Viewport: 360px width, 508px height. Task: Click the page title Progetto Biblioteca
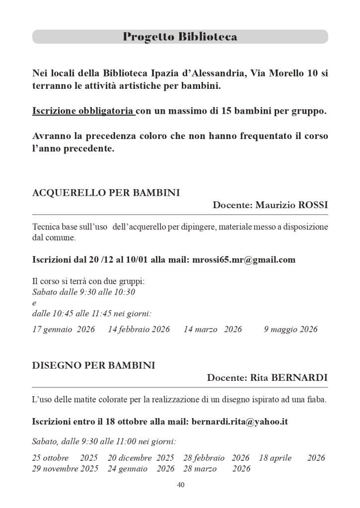(x=180, y=37)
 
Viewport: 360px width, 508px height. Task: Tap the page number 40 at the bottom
(x=180, y=485)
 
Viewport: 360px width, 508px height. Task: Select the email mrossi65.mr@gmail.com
(x=243, y=260)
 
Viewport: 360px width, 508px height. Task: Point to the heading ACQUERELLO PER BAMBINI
(x=106, y=193)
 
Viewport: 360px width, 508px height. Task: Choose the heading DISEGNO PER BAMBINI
(x=93, y=365)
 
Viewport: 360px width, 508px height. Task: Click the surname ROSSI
(x=312, y=205)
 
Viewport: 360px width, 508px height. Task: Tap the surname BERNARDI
(x=303, y=378)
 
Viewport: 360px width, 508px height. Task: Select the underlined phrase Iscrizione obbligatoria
(x=83, y=111)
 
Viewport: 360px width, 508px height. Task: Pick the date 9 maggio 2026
(x=290, y=329)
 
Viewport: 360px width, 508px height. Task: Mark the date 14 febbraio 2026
(x=139, y=329)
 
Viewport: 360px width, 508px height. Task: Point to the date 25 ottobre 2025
(x=65, y=458)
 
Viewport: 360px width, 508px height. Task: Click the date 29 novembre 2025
(x=65, y=468)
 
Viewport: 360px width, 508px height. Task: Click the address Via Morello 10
(x=283, y=73)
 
